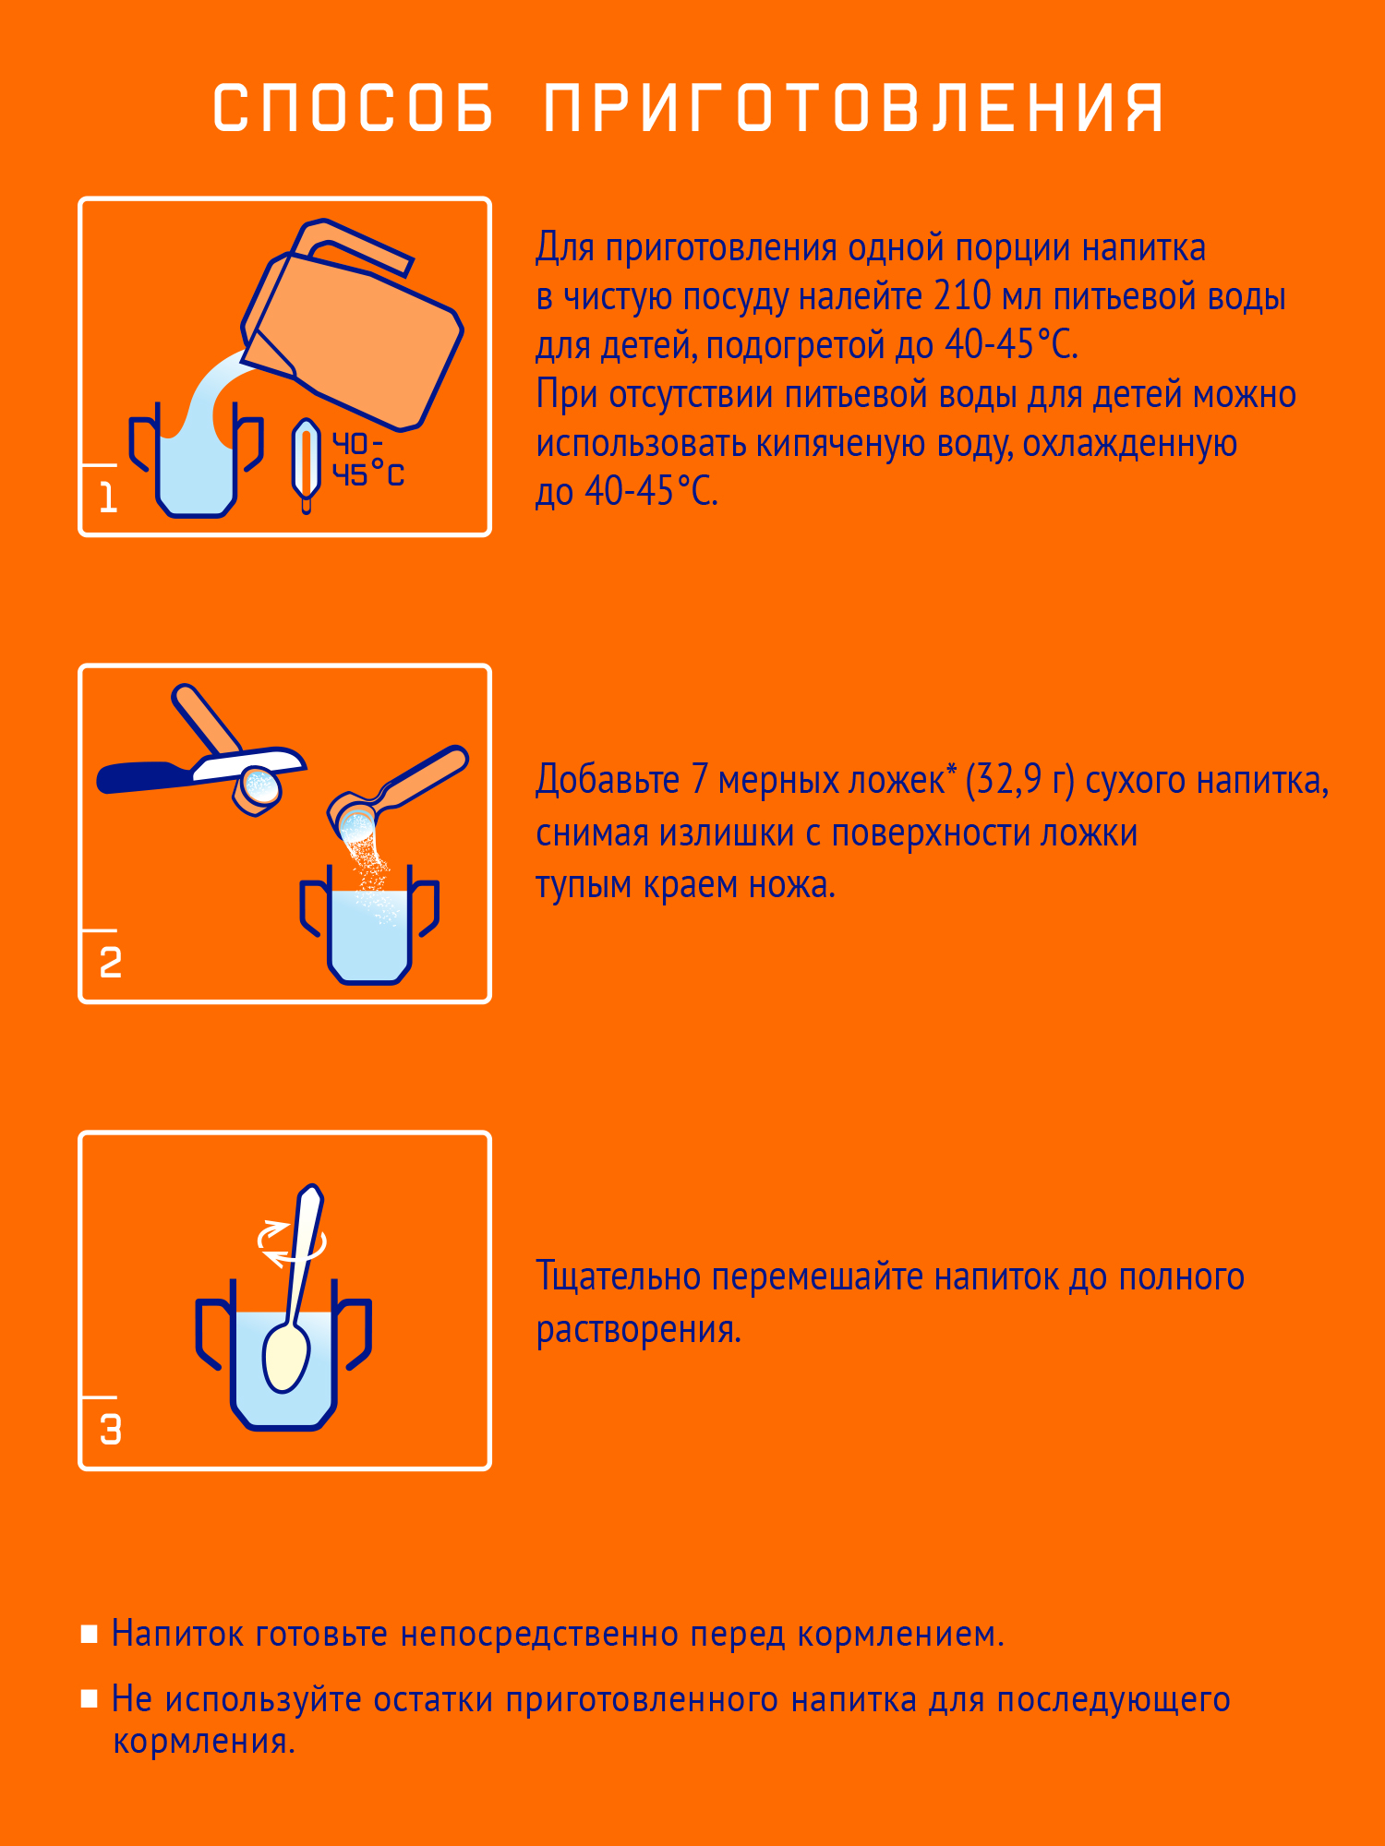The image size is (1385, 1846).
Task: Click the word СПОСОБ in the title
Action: point(354,108)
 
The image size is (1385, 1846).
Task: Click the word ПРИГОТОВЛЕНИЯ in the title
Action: point(852,108)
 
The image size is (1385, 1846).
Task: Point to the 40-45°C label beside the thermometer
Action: point(367,460)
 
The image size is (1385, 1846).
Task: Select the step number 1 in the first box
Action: point(108,498)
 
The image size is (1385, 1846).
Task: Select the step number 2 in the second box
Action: point(110,964)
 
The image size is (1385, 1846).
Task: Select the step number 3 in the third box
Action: point(110,1430)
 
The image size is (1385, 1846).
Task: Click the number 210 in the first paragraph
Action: point(962,296)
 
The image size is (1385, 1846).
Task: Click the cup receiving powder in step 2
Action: point(369,932)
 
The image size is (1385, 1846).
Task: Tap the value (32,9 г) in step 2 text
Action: point(1019,780)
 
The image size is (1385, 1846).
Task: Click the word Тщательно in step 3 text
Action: point(619,1277)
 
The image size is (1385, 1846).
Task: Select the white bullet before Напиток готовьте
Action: point(90,1635)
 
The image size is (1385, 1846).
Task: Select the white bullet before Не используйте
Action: point(90,1699)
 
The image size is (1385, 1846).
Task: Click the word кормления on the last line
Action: point(202,1742)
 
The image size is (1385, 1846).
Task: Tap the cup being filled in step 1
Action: point(196,471)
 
